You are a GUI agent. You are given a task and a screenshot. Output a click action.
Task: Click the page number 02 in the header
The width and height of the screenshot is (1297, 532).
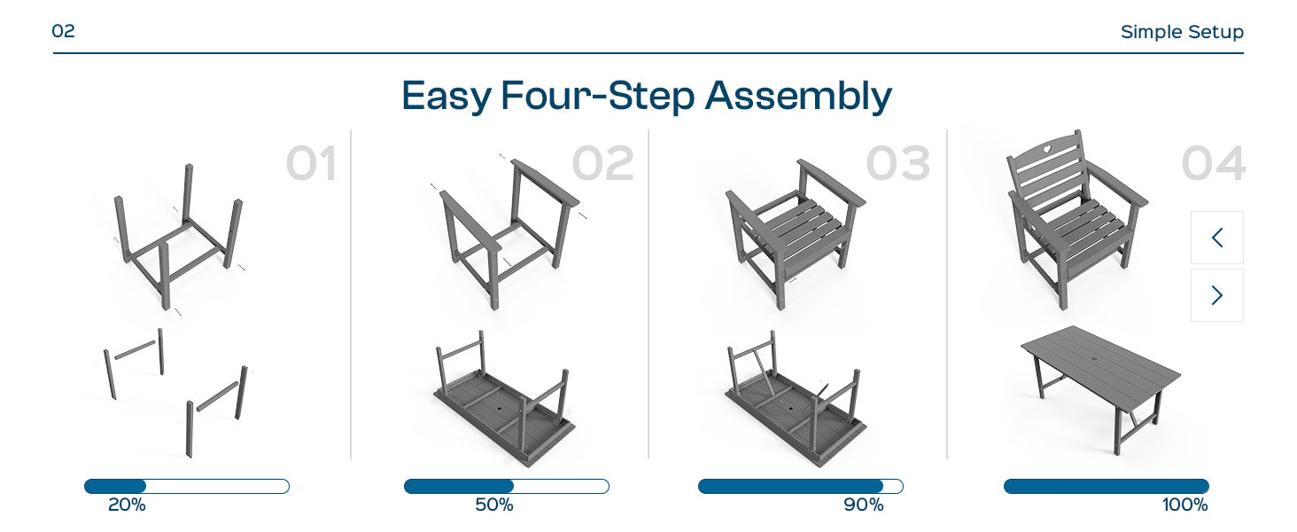coord(63,31)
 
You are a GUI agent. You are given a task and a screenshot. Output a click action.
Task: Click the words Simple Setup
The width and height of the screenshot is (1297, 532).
coord(1182,31)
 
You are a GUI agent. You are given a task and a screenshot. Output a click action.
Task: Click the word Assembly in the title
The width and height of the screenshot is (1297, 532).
coord(798,96)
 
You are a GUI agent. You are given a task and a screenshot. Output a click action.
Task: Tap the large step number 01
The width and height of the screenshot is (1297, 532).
coord(311,163)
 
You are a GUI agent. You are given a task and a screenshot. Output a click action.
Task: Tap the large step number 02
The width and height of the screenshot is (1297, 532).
coord(602,163)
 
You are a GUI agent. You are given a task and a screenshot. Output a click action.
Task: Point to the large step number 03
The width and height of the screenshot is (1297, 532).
coord(898,163)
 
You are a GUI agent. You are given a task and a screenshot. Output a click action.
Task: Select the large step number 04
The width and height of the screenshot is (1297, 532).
coord(1213,163)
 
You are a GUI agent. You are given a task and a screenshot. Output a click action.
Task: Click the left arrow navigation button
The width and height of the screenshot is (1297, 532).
coord(1217,238)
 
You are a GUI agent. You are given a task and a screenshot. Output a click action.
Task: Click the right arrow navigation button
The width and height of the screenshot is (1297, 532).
coord(1217,295)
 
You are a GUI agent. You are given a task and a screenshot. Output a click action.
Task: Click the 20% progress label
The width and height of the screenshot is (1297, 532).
coord(127,505)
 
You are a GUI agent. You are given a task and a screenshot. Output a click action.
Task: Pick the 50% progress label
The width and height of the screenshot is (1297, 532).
coord(493,505)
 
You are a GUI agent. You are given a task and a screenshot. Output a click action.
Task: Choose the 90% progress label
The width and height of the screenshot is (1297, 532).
coord(863,505)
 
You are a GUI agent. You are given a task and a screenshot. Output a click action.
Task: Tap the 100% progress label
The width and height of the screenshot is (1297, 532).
coord(1184,505)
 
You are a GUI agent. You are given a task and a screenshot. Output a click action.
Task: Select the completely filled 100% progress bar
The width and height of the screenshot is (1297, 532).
coord(1107,486)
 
